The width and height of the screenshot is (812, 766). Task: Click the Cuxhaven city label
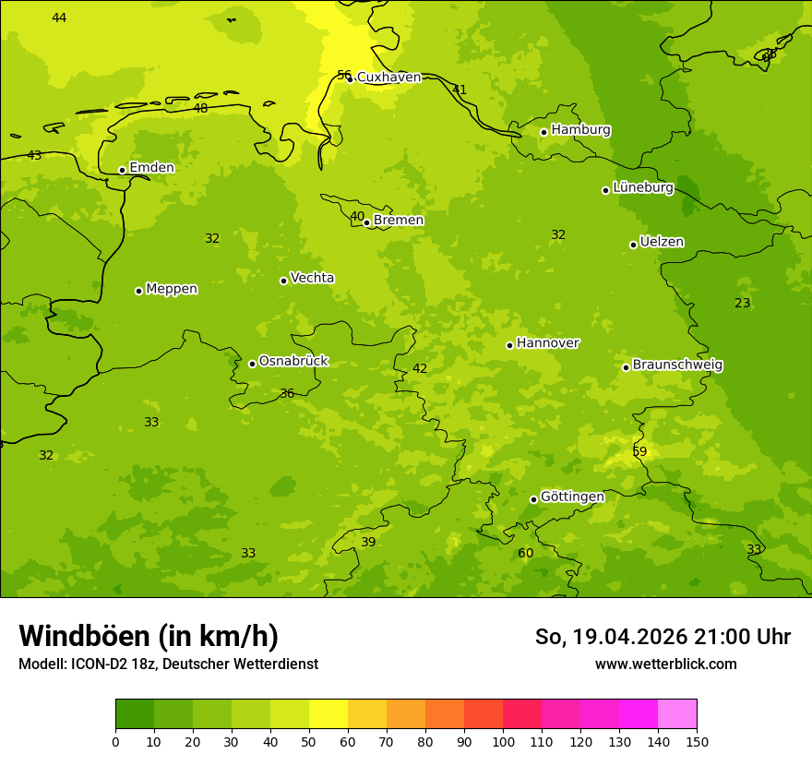[388, 78]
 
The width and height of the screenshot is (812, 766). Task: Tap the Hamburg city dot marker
[544, 132]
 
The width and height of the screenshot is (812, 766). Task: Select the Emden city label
[151, 168]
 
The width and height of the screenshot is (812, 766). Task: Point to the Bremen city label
[399, 221]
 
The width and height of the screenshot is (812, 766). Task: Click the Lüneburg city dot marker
[606, 190]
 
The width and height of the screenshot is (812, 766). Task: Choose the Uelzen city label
[662, 243]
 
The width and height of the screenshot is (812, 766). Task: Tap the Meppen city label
[172, 289]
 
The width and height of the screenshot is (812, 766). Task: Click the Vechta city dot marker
[284, 281]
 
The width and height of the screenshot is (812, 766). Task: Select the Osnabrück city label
[293, 362]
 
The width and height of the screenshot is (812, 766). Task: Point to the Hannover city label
[548, 343]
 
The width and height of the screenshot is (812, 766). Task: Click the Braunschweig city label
[677, 365]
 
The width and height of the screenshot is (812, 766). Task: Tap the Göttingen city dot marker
[534, 499]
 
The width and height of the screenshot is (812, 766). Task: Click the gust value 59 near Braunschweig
[639, 451]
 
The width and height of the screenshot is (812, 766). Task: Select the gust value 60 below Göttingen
[525, 553]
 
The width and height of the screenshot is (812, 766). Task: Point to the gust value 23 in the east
[742, 303]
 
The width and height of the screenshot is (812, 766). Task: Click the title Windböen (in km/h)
[149, 636]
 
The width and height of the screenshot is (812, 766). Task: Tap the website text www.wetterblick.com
[665, 664]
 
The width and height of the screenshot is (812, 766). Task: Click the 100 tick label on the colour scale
[503, 742]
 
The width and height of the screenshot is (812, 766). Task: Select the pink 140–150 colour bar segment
[677, 714]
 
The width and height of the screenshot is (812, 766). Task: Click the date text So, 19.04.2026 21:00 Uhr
[663, 637]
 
